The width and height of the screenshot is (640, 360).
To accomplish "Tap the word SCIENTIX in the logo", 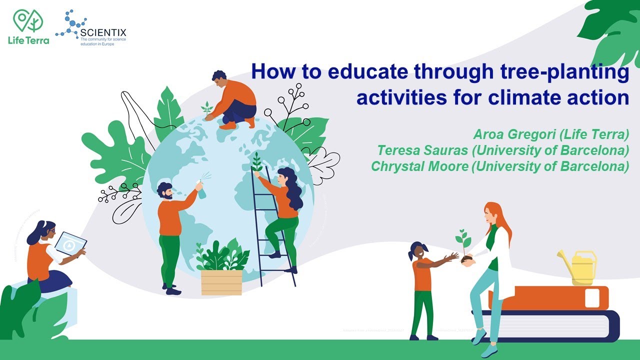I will [103, 32].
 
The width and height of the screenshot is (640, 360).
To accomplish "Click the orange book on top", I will [550, 298].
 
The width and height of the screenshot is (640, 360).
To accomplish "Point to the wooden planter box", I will [221, 282].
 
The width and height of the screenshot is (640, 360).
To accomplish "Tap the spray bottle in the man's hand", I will [202, 189].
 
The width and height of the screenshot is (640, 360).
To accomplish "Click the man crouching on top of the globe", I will [231, 100].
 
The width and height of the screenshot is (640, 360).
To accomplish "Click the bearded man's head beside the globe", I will [165, 190].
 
